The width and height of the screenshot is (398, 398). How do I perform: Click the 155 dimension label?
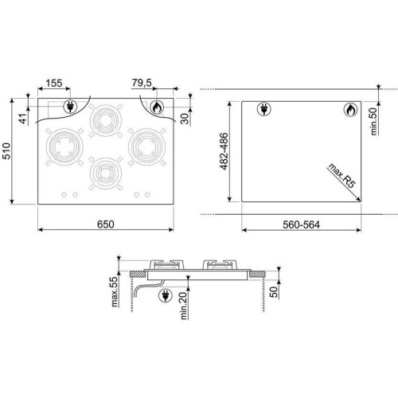(x=54, y=83)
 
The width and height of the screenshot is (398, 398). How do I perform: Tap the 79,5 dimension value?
(x=142, y=83)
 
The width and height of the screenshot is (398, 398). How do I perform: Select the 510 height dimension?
(x=6, y=151)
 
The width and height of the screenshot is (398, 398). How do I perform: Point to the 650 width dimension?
(x=106, y=224)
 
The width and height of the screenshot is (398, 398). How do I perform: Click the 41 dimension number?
(x=24, y=119)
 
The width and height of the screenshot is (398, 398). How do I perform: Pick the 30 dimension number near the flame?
(x=185, y=119)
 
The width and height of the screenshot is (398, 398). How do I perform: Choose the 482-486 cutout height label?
(x=224, y=151)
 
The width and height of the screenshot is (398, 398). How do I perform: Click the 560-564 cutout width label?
(x=301, y=225)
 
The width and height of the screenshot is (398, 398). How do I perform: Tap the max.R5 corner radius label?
(x=341, y=176)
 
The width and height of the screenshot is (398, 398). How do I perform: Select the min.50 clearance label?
(x=373, y=121)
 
